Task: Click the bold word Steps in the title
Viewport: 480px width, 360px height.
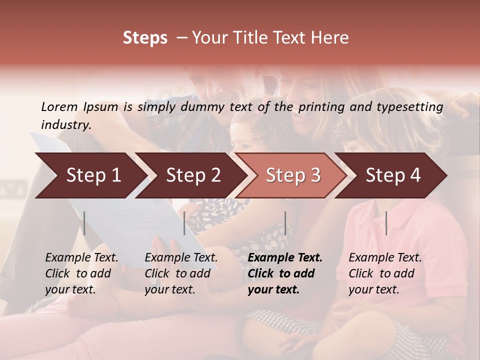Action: click(145, 38)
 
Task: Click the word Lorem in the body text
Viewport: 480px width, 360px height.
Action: click(59, 106)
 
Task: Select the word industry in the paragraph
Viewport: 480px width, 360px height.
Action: click(65, 124)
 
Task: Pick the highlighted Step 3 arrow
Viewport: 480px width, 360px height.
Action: click(293, 175)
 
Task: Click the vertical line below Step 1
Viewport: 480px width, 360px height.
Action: click(84, 223)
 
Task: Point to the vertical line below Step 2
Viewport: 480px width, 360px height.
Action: click(184, 223)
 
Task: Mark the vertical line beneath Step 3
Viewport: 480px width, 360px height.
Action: click(285, 223)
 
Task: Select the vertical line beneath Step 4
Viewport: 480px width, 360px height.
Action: click(386, 223)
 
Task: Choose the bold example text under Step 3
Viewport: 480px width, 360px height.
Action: click(284, 273)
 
